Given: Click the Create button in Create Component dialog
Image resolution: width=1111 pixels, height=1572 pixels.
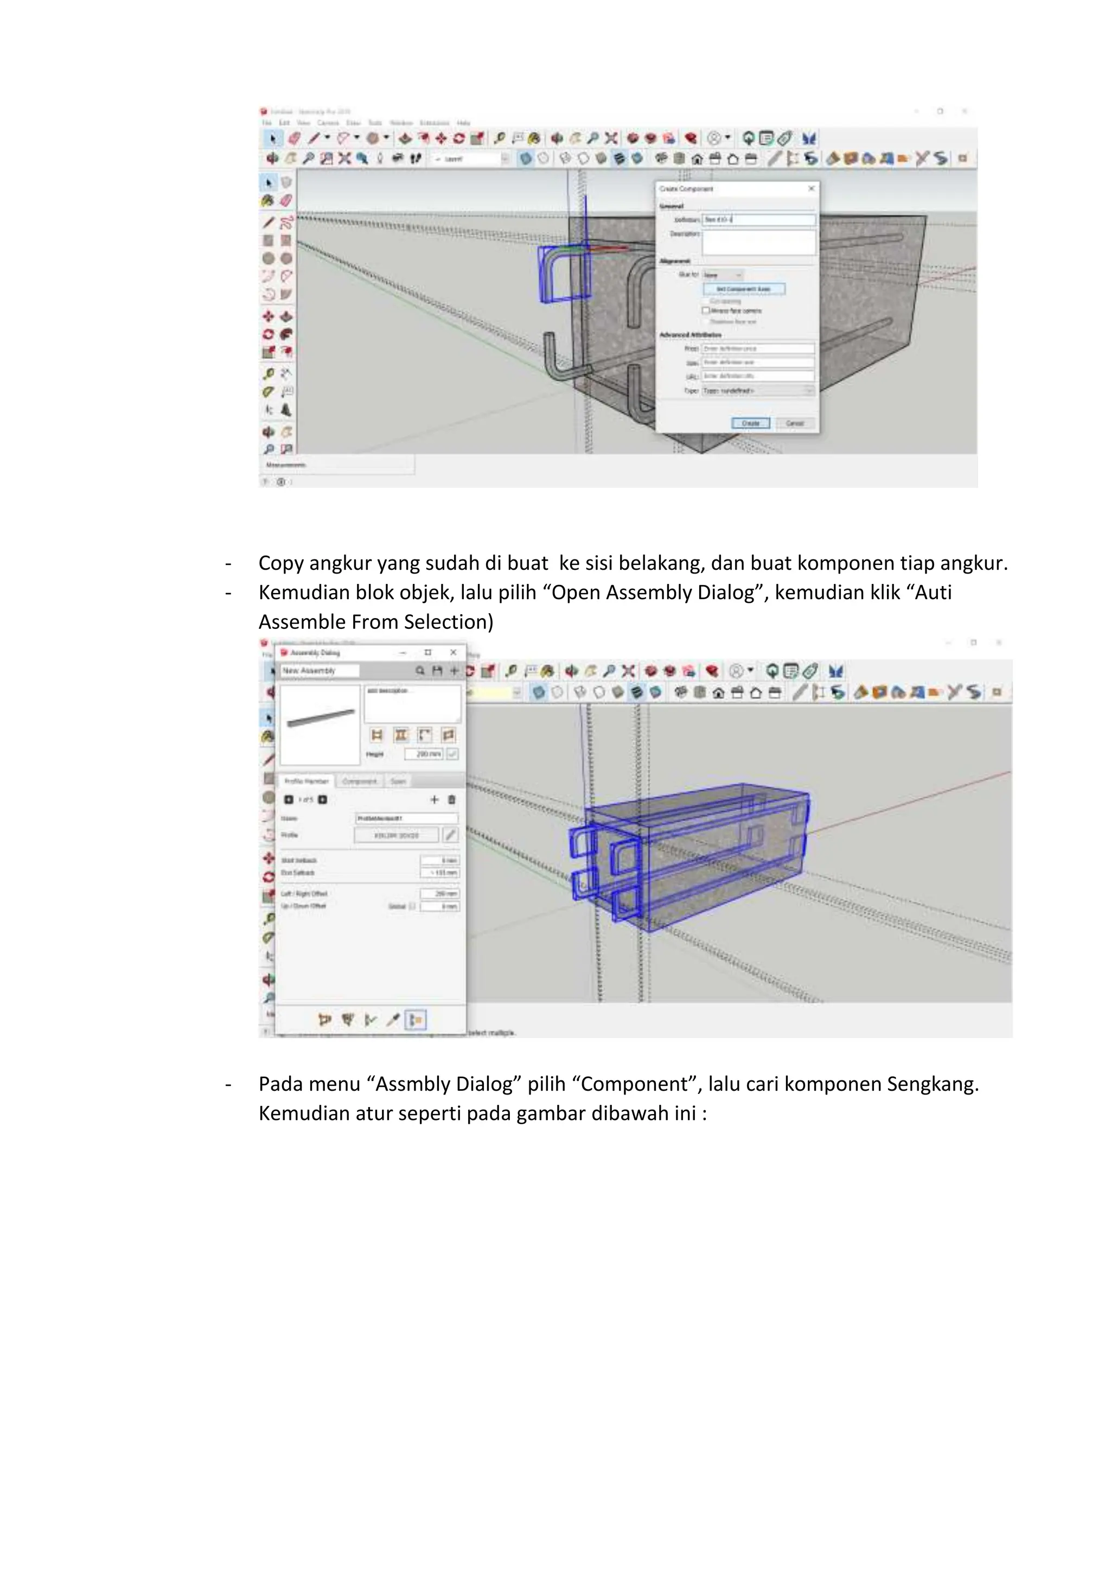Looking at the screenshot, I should pyautogui.click(x=750, y=423).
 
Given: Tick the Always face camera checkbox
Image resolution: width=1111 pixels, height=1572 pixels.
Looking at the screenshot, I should pyautogui.click(x=706, y=311).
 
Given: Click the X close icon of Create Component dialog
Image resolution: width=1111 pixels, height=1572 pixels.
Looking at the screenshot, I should pyautogui.click(x=811, y=188).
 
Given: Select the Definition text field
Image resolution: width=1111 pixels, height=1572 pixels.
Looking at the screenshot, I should pyautogui.click(x=758, y=220).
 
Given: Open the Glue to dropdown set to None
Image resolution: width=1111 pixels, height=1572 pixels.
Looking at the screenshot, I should pyautogui.click(x=722, y=275).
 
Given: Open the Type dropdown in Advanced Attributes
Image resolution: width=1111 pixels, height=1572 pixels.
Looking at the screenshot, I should pyautogui.click(x=758, y=390).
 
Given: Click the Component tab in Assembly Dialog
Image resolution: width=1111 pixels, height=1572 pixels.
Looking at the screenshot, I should pyautogui.click(x=359, y=781).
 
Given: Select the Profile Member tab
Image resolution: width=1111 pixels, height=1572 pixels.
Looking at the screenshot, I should pyautogui.click(x=307, y=781).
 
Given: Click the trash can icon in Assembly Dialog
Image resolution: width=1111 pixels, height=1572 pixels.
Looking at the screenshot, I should pyautogui.click(x=452, y=800).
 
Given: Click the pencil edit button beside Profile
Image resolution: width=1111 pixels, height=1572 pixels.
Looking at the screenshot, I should pyautogui.click(x=450, y=835).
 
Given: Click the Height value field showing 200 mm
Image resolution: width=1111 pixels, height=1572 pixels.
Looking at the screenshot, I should pyautogui.click(x=424, y=754).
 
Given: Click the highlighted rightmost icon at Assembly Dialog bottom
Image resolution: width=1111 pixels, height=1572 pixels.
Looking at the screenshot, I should pyautogui.click(x=416, y=1020).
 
